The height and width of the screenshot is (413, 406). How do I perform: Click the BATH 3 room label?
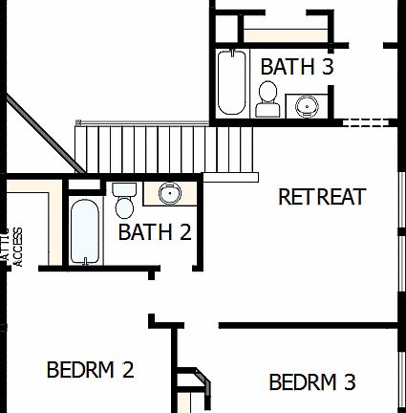coord(297,67)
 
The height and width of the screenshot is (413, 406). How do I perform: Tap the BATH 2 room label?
coord(155,231)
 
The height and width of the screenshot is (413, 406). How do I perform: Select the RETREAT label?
coord(322,197)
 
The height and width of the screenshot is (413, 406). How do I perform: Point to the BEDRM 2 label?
coord(90,369)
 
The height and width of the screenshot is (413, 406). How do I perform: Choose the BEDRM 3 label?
coord(312,382)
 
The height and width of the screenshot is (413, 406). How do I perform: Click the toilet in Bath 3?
coord(268,98)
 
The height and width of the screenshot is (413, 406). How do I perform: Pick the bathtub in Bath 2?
coord(84,232)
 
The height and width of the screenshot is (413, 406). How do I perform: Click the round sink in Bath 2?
coord(169,194)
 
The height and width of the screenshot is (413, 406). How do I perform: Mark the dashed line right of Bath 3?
coord(369,122)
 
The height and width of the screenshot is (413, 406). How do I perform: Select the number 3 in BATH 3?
coord(328,67)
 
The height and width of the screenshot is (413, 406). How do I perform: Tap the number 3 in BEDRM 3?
coord(349,382)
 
